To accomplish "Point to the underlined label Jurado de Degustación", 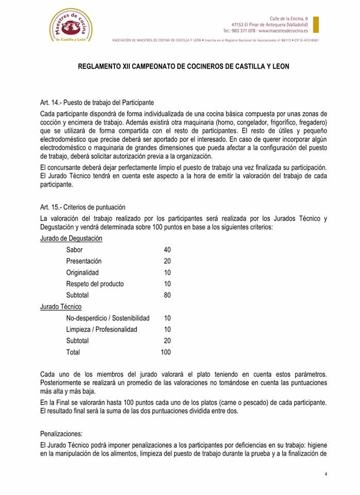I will [x=71, y=238].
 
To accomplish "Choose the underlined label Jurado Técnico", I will [x=60, y=306].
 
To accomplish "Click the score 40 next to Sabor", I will [x=167, y=250].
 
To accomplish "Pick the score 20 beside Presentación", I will [x=167, y=261].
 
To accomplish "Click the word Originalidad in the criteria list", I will [x=83, y=272].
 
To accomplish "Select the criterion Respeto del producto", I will [x=95, y=284].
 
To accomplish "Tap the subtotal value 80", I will [x=167, y=295].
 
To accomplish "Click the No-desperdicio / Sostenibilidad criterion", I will [x=108, y=318].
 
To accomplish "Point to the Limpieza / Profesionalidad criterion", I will [x=102, y=329].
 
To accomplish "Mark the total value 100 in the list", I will [x=166, y=352].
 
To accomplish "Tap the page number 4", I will [x=326, y=474].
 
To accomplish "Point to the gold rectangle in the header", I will [x=316, y=25].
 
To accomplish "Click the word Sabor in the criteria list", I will [x=74, y=250].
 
